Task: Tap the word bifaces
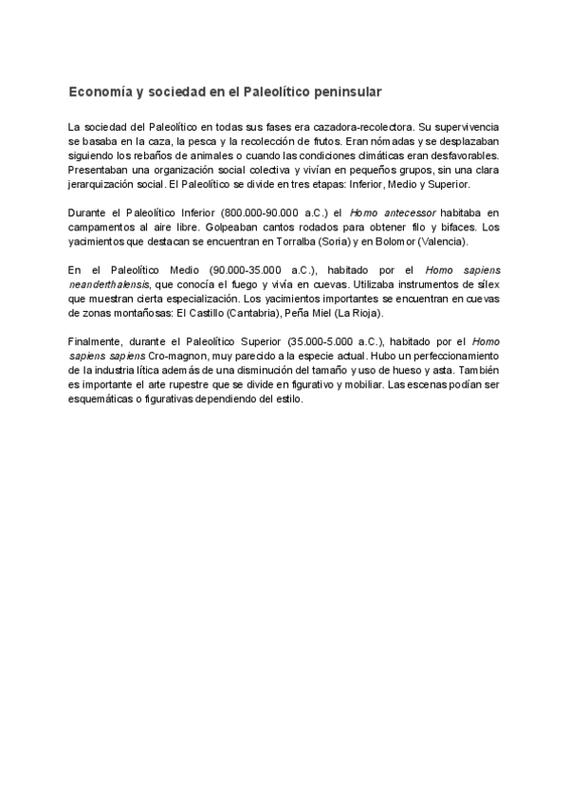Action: click(x=451, y=228)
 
